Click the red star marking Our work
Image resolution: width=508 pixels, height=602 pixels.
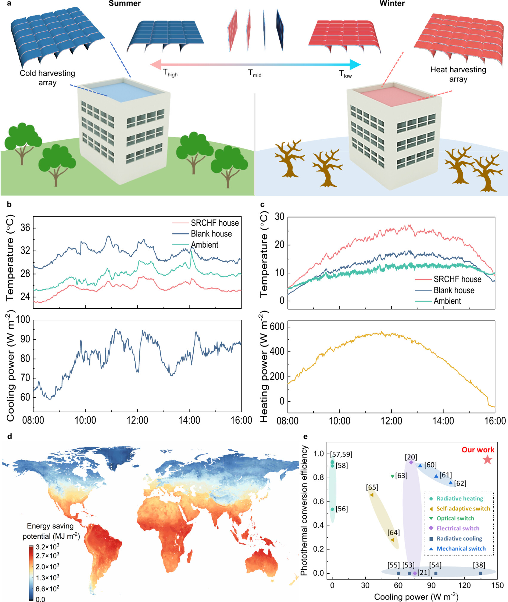(487, 459)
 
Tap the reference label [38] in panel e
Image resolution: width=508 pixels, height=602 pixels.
(479, 565)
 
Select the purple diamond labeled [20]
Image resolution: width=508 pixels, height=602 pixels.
(411, 462)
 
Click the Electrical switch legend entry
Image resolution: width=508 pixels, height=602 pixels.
(458, 528)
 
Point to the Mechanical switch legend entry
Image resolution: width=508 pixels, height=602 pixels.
(461, 549)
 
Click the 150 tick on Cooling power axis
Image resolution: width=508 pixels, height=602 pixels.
(497, 585)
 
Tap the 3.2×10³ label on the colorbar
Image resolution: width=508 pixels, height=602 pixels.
(47, 547)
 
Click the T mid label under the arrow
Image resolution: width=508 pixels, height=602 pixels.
(255, 73)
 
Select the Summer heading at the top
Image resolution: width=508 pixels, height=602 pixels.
(124, 4)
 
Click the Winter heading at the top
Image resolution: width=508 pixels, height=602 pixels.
(392, 4)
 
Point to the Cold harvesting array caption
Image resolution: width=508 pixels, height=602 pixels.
(47, 78)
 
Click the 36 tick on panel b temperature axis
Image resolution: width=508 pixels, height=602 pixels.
(25, 228)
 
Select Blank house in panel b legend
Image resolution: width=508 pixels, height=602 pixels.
(211, 234)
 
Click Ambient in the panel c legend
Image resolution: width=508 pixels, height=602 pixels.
(447, 301)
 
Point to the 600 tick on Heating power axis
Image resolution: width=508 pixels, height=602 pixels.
(277, 327)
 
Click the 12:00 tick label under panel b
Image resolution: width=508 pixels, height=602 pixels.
(137, 420)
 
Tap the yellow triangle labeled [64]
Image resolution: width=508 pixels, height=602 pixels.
(392, 540)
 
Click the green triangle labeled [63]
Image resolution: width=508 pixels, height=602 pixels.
(392, 476)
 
